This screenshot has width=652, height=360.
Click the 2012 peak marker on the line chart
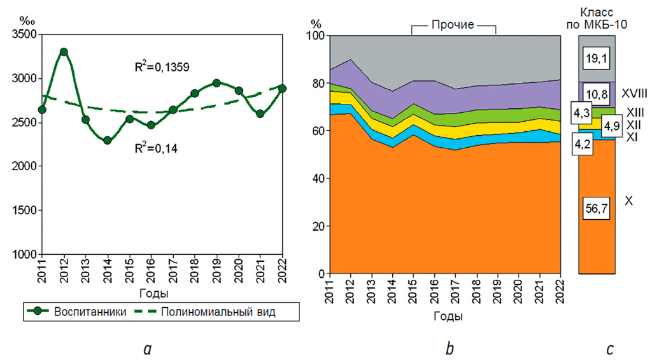pyautogui.click(x=64, y=52)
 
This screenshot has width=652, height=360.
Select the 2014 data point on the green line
pyautogui.click(x=108, y=140)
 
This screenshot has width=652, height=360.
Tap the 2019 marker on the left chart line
pyautogui.click(x=216, y=83)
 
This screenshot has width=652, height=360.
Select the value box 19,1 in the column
pyautogui.click(x=596, y=58)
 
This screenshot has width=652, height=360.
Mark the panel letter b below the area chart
pyautogui.click(x=450, y=349)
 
